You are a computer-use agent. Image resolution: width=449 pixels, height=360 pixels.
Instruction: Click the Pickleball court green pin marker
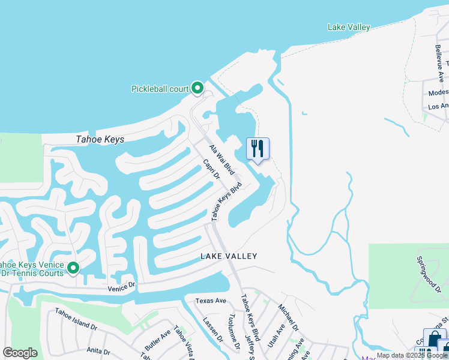[197, 88]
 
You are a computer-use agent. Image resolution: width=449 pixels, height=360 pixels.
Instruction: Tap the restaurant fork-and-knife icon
[258, 149]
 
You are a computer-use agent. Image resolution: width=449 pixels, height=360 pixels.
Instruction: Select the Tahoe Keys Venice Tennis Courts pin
[73, 268]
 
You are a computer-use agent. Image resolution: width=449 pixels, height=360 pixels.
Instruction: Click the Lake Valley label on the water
[349, 27]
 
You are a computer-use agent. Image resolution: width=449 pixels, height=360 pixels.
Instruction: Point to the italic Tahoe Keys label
[100, 139]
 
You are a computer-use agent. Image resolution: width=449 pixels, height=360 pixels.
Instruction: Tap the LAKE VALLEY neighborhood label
[229, 256]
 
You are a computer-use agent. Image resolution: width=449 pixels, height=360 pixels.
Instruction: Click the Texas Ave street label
[211, 301]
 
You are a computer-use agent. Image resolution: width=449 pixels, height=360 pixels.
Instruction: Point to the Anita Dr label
[98, 351]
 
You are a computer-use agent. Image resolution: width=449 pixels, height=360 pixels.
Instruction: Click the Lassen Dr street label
[212, 329]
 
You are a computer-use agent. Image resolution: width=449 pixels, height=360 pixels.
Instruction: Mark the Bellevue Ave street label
[438, 58]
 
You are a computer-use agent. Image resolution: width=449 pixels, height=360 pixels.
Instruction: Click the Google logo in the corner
[20, 353]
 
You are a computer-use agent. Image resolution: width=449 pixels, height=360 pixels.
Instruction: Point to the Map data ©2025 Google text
[412, 356]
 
